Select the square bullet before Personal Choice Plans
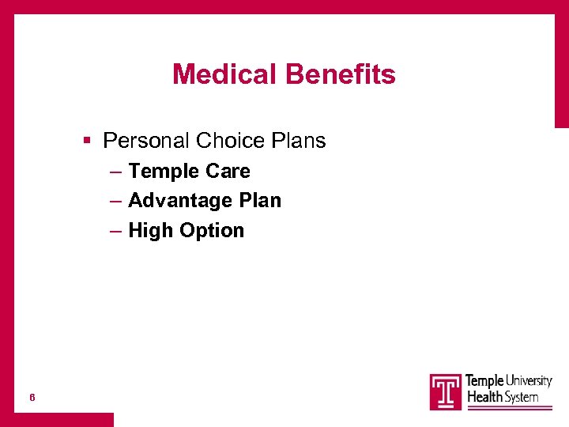[x=89, y=141]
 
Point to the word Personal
[x=146, y=141]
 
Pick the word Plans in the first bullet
[x=299, y=141]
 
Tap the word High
[x=151, y=231]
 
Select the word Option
[x=212, y=231]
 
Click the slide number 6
[x=32, y=397]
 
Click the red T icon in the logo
[x=446, y=391]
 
